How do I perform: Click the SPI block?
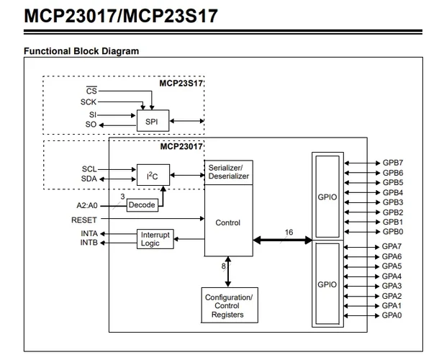tap(152, 120)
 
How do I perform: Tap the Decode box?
tap(142, 205)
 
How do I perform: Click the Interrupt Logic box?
tap(155, 239)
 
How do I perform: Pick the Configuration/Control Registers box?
tap(229, 306)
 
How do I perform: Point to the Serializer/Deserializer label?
tap(228, 171)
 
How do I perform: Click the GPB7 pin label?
tap(392, 163)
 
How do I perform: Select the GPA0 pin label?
tap(392, 315)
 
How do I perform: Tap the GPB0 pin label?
tap(392, 232)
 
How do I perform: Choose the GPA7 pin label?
tap(392, 247)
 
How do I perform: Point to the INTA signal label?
tap(89, 234)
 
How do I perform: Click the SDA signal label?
tap(89, 179)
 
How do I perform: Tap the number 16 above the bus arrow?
tap(288, 232)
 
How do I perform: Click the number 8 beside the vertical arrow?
tap(224, 265)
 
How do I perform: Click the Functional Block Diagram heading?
tap(81, 51)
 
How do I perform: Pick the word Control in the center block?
tap(228, 222)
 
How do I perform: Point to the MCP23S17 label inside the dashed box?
tap(181, 84)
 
